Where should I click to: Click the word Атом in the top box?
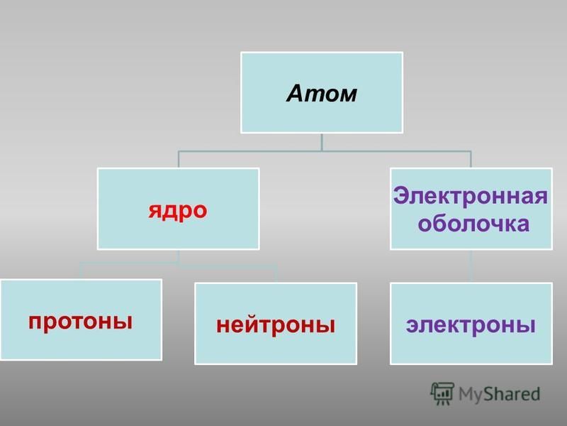[322, 93]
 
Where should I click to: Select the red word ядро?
[178, 211]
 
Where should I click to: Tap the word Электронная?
[470, 196]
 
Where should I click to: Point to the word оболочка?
[473, 223]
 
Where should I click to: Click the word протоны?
[80, 322]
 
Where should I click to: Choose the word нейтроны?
[276, 324]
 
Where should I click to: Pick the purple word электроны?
[471, 324]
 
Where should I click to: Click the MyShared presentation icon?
[442, 393]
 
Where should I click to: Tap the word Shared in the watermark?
[512, 394]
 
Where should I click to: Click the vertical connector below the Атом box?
[322, 141]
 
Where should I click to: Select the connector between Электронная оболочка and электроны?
[471, 266]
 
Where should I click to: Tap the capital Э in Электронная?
[400, 196]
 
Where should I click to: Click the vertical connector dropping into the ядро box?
[179, 159]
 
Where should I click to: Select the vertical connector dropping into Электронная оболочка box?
[471, 159]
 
